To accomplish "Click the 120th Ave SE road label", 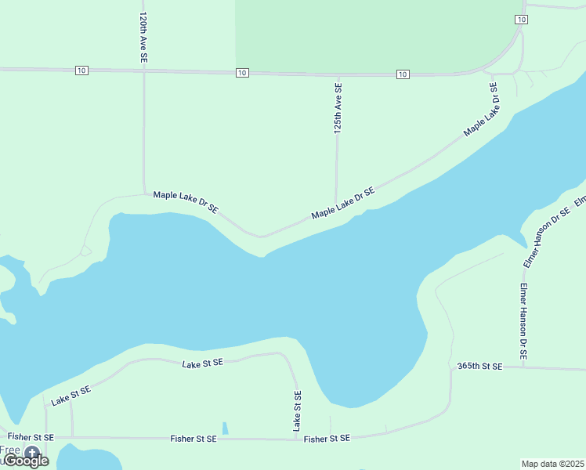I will [143, 37].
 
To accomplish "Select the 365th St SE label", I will [479, 366].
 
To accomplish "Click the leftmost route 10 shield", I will [82, 70].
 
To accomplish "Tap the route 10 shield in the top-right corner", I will [521, 19].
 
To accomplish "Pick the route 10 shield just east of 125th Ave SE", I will [403, 74].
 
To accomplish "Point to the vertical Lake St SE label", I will [297, 410].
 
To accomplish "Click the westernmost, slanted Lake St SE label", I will [71, 395].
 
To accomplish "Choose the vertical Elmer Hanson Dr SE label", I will [523, 321].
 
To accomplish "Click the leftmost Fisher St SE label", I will [31, 436].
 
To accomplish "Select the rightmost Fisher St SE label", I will [327, 439].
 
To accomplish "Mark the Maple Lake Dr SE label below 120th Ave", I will [186, 201].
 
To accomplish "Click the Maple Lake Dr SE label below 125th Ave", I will [343, 203].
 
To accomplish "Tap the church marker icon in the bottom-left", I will [32, 452].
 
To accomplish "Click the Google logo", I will [27, 461].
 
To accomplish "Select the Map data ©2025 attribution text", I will [553, 464].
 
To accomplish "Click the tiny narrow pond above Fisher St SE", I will [225, 428].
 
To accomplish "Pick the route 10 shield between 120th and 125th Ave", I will [242, 73].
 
